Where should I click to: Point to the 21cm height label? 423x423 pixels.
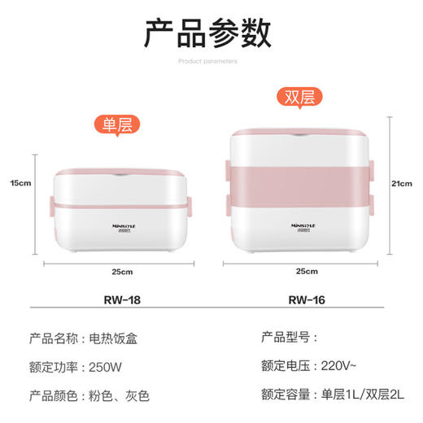pos(401,184)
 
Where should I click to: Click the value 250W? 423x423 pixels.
pos(106,366)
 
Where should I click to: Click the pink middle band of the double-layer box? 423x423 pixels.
pos(301,184)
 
